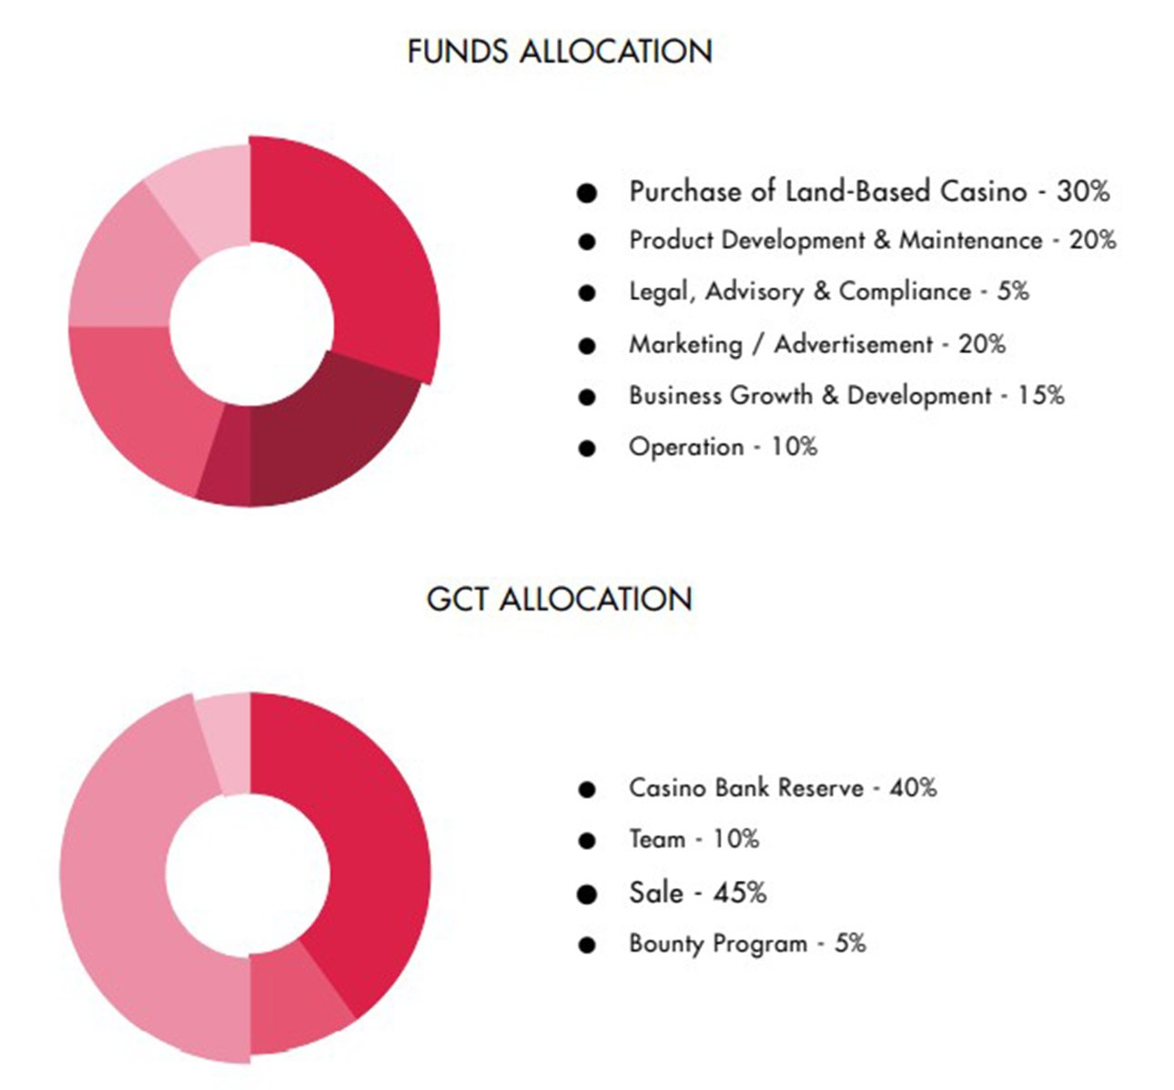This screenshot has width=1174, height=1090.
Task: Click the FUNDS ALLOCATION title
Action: (559, 52)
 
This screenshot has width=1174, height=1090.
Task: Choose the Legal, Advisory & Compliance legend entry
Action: (800, 292)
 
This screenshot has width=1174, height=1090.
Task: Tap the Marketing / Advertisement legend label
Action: (781, 345)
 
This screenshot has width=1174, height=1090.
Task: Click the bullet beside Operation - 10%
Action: (587, 449)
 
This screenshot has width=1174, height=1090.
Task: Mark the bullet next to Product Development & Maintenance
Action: (587, 242)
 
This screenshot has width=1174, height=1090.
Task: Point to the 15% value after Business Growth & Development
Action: (1041, 396)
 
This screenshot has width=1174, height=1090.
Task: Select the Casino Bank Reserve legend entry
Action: (745, 788)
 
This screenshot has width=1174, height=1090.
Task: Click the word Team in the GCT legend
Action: (656, 839)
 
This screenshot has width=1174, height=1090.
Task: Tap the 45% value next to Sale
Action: (739, 893)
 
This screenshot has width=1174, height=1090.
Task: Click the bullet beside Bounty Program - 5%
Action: (587, 945)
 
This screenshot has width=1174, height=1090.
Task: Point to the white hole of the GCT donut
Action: (248, 864)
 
